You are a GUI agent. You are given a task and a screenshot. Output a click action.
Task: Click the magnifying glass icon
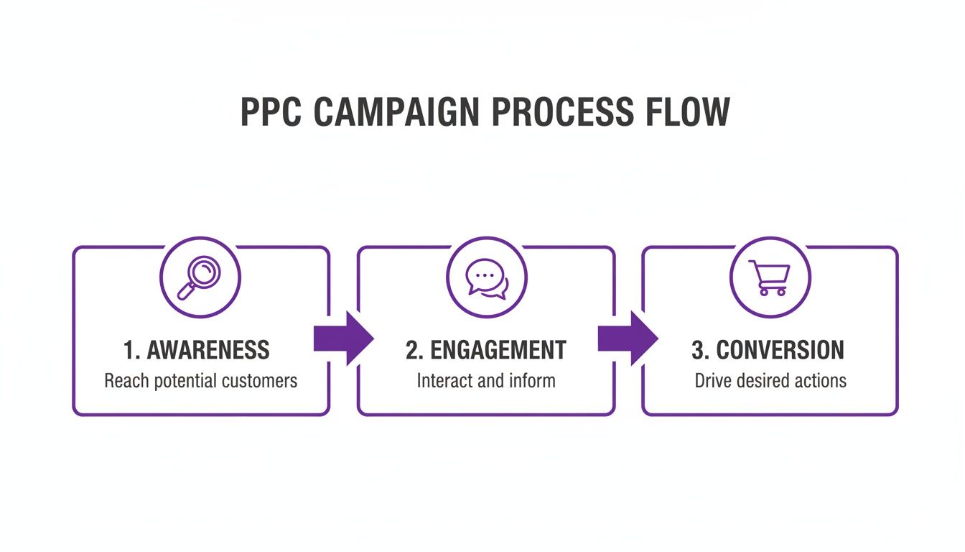pyautogui.click(x=200, y=278)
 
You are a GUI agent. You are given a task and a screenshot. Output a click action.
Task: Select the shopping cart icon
pyautogui.click(x=769, y=277)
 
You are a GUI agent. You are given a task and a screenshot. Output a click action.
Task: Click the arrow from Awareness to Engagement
pyautogui.click(x=343, y=339)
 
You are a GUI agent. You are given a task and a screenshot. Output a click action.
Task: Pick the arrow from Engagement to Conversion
pyautogui.click(x=628, y=339)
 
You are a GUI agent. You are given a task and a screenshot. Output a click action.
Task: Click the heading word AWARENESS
pyautogui.click(x=208, y=350)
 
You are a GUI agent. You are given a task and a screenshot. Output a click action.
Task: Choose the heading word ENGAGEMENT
pyautogui.click(x=498, y=350)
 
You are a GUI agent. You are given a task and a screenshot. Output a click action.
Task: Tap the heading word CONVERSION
pyautogui.click(x=780, y=350)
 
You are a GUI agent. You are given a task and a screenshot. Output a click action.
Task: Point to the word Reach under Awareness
pyautogui.click(x=124, y=380)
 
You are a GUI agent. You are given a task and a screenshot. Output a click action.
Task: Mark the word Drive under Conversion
pyautogui.click(x=711, y=380)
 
